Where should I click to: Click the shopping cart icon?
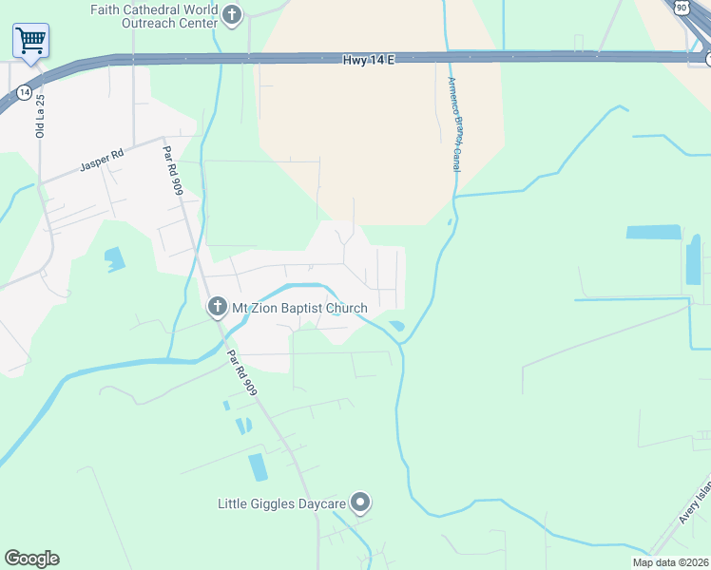click(30, 41)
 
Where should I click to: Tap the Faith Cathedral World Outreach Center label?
click(154, 15)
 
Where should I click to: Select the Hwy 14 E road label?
click(368, 59)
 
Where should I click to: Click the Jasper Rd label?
click(102, 161)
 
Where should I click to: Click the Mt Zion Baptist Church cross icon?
click(217, 308)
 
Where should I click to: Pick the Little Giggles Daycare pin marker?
click(360, 502)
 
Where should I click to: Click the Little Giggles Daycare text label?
click(281, 503)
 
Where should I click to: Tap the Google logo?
click(31, 559)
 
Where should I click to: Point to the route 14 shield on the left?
click(24, 92)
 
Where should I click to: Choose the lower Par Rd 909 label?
click(241, 372)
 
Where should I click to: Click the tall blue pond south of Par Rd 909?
click(258, 466)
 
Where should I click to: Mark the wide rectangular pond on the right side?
click(654, 232)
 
